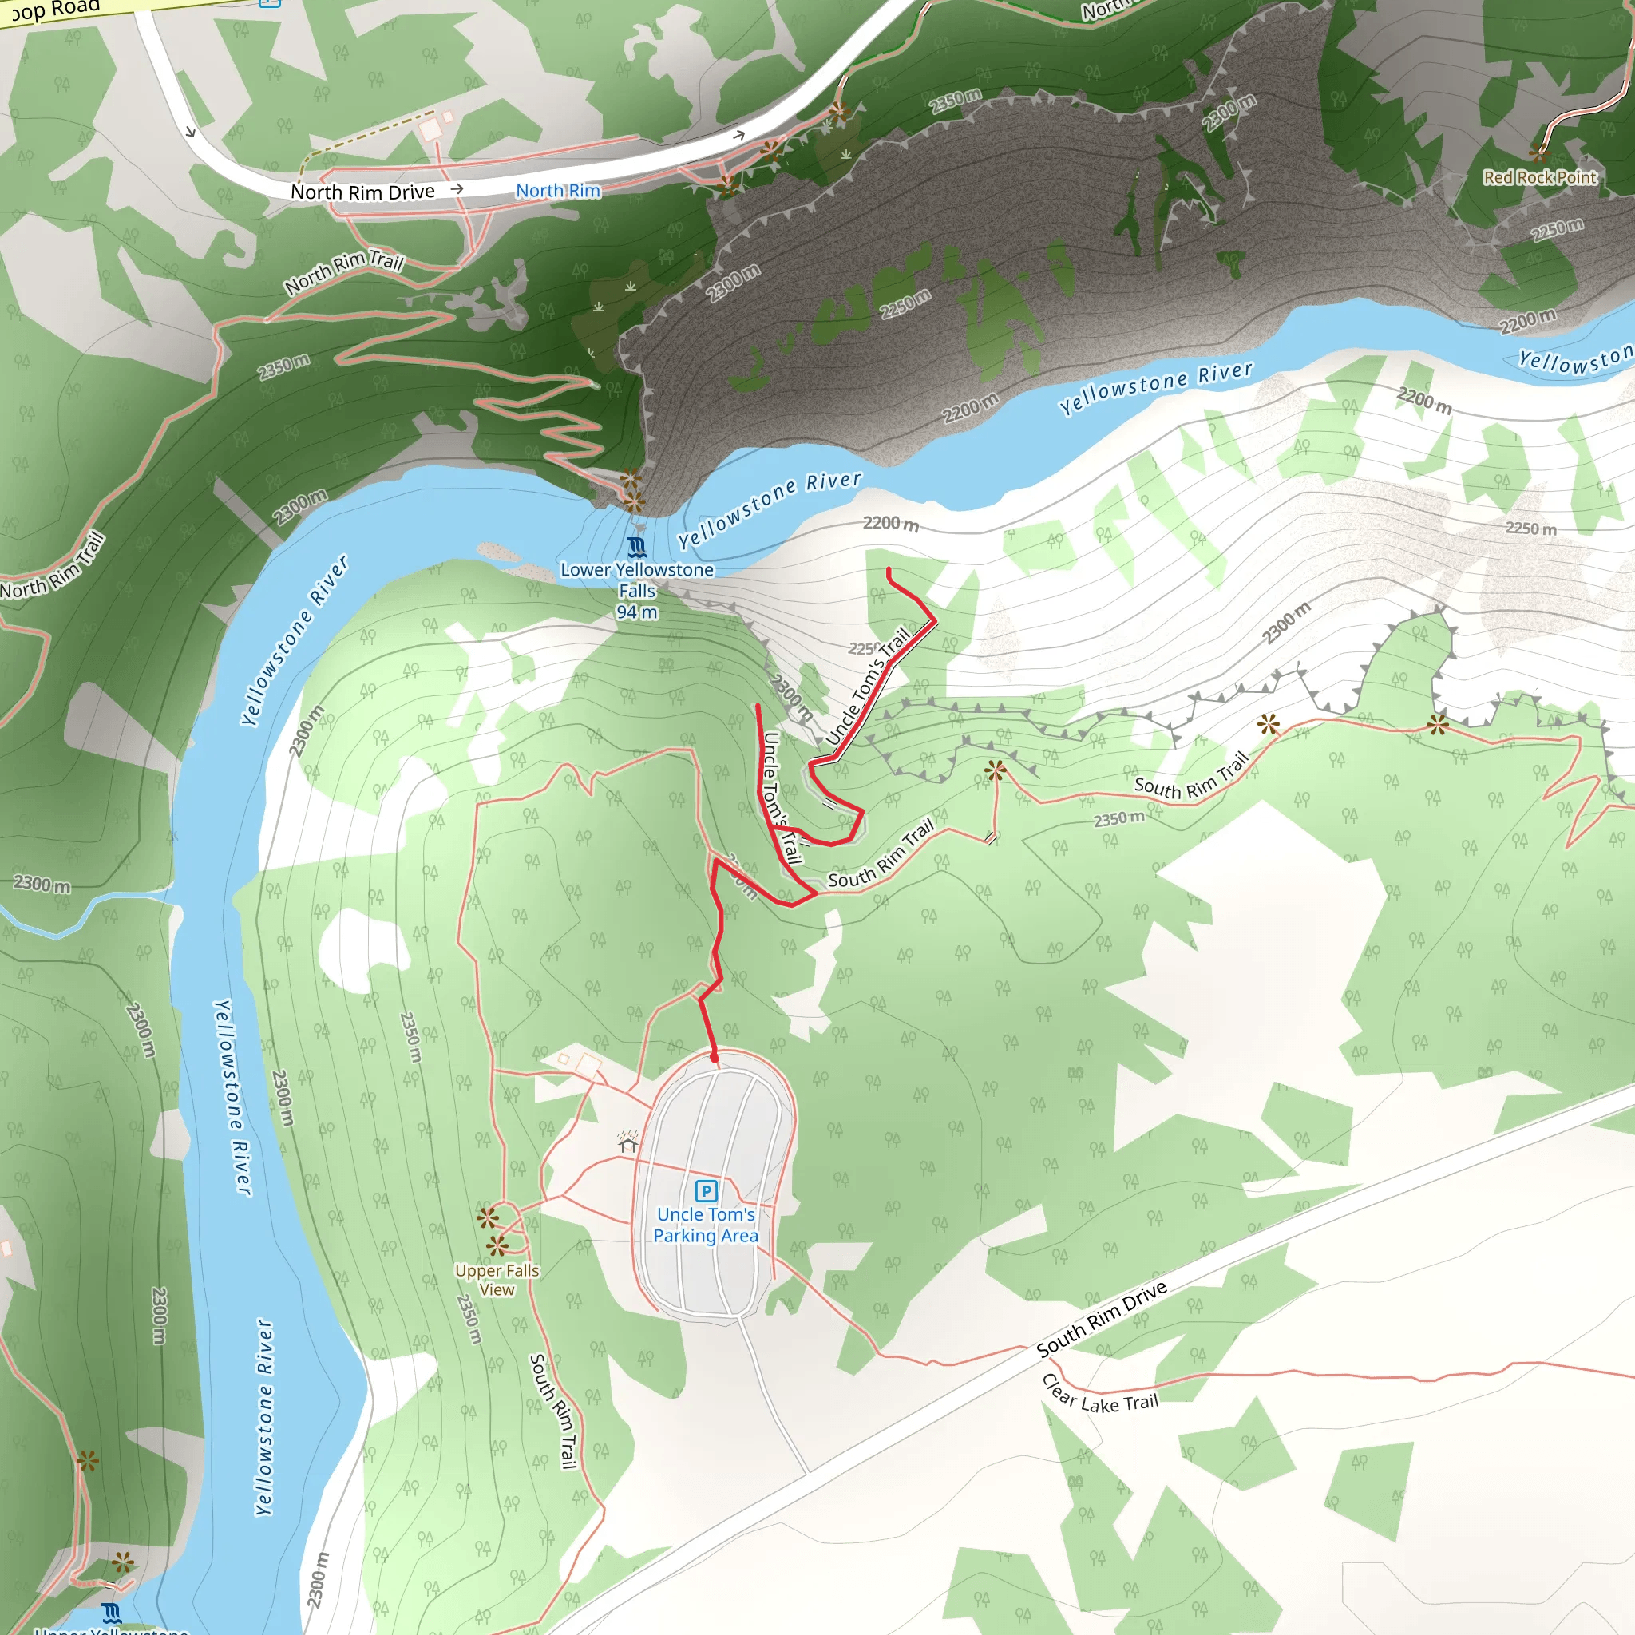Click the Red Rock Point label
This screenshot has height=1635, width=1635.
pos(1539,178)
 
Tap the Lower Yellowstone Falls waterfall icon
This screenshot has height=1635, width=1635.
pos(637,547)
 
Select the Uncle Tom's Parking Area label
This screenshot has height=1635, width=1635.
pos(706,1225)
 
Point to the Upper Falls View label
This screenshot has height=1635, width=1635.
pos(497,1280)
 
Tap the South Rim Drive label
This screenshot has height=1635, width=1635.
pos(1102,1320)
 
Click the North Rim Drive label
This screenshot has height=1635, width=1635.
pos(362,192)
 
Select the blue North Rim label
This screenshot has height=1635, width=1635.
pos(558,192)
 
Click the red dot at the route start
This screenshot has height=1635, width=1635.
pos(715,1058)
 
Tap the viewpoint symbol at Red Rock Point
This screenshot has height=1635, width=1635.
pos(1539,152)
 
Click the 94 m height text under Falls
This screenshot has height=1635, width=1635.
pos(636,612)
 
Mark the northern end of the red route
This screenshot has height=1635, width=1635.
pos(888,569)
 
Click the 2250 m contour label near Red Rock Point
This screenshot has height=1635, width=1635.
pos(1557,229)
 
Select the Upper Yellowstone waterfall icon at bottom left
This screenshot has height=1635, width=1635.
pos(111,1612)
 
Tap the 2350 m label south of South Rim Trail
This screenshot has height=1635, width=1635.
pos(1118,819)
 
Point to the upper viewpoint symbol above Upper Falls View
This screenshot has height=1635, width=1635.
pos(487,1217)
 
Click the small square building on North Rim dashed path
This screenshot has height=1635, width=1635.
pos(430,129)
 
